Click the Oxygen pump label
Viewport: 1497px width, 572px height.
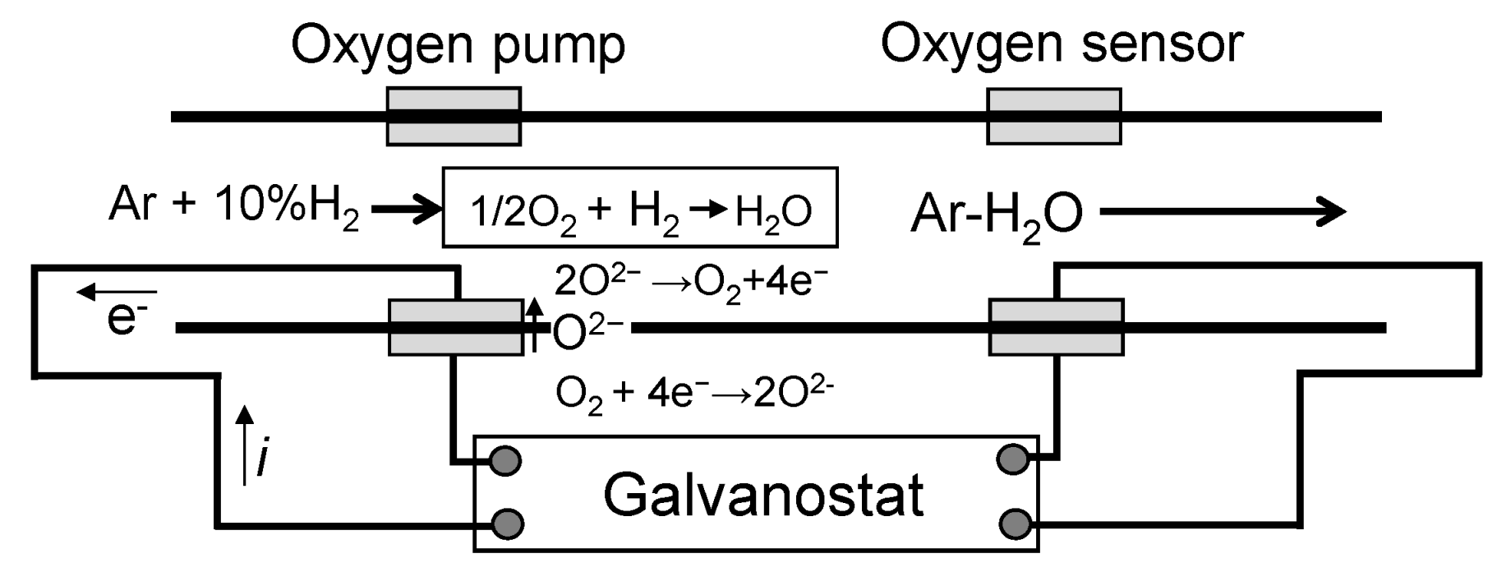[458, 45]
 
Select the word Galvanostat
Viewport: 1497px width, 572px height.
[763, 495]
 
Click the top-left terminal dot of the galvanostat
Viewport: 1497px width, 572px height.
[506, 461]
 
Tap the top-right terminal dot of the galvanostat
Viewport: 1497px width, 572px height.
[1013, 459]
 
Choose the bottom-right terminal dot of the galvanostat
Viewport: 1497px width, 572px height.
[1015, 522]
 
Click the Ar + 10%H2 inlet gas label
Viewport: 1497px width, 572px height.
[233, 206]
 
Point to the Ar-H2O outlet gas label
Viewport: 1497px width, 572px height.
[996, 214]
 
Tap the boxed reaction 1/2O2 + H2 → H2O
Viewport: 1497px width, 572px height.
[640, 208]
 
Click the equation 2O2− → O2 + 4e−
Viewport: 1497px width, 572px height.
[690, 281]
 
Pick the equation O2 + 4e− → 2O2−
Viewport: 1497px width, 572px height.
[694, 393]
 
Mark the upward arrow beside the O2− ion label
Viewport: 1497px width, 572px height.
[535, 325]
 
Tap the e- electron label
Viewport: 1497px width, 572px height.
[122, 318]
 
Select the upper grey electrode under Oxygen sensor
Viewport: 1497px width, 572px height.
[1053, 117]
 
